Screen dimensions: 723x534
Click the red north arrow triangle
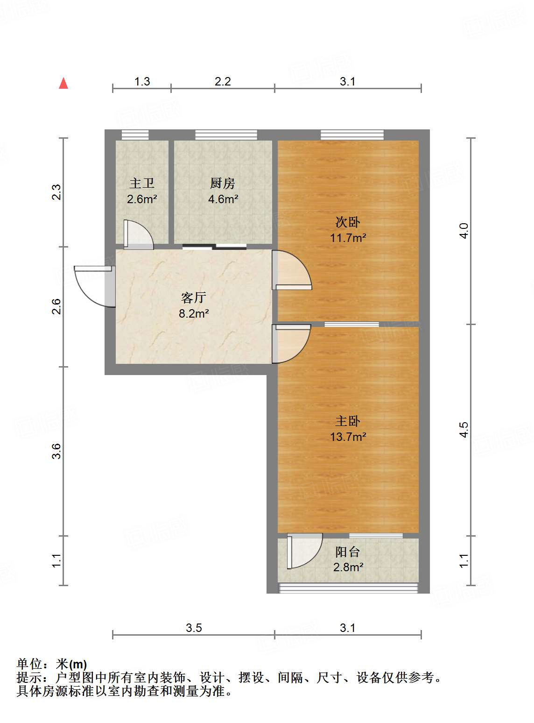[x=63, y=84]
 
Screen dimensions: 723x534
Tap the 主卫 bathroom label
[x=142, y=183]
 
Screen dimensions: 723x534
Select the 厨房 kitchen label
[x=223, y=183]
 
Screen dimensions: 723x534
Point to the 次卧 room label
[x=348, y=222]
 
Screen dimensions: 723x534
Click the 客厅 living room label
[x=194, y=298]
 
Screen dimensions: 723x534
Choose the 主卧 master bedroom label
[x=348, y=421]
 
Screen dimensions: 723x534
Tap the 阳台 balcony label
[x=348, y=552]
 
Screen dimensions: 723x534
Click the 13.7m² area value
[x=348, y=437]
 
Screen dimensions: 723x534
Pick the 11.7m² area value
[x=348, y=238]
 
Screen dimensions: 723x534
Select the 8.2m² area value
[x=194, y=313]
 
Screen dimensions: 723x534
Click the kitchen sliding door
[x=215, y=247]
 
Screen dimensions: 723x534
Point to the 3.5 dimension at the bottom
[x=194, y=628]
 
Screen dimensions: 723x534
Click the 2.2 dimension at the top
[x=223, y=82]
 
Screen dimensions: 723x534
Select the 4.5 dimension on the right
[x=464, y=430]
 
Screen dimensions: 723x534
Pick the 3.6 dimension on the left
[x=56, y=451]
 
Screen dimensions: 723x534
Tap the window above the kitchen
[x=226, y=135]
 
